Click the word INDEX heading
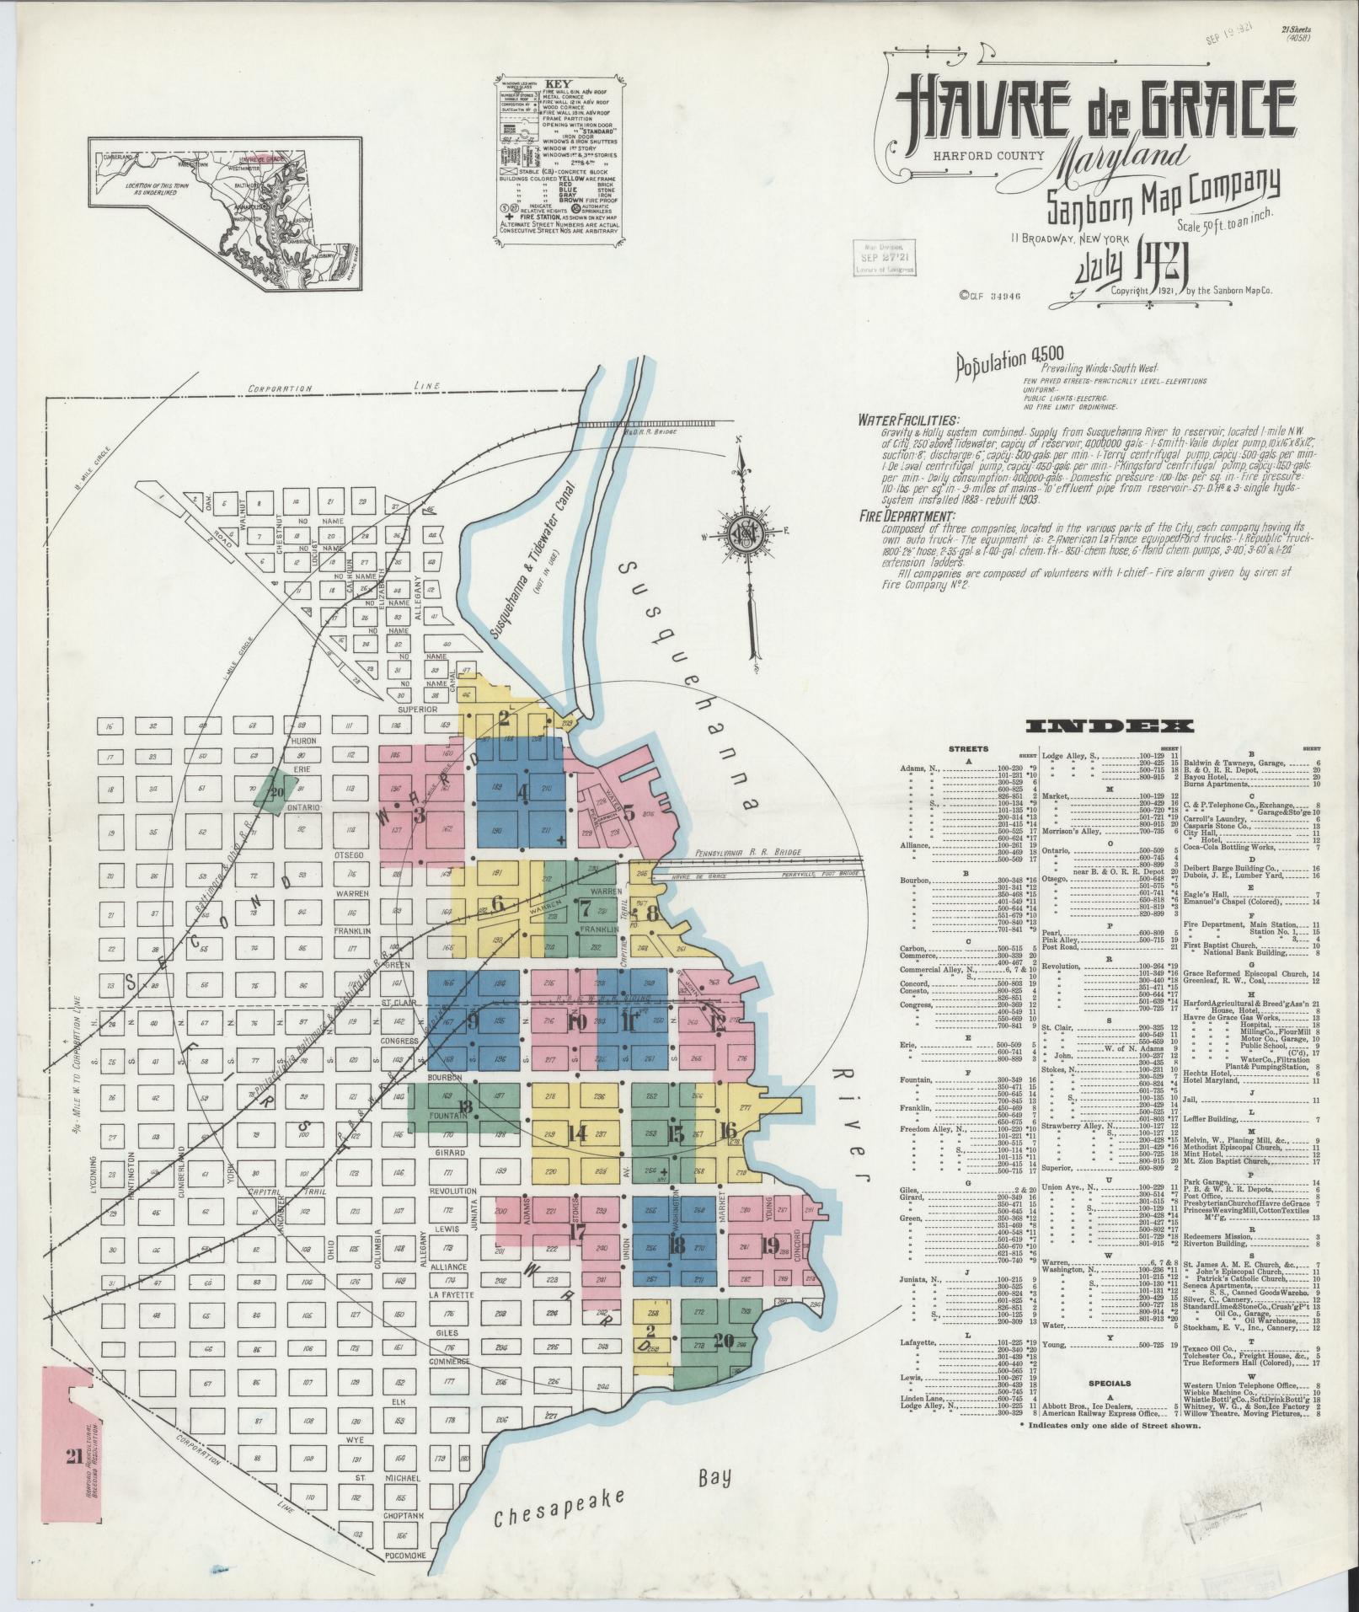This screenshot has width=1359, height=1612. pyautogui.click(x=1108, y=726)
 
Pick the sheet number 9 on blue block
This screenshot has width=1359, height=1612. pyautogui.click(x=473, y=1021)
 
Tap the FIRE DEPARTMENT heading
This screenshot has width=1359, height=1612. pyautogui.click(x=907, y=517)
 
